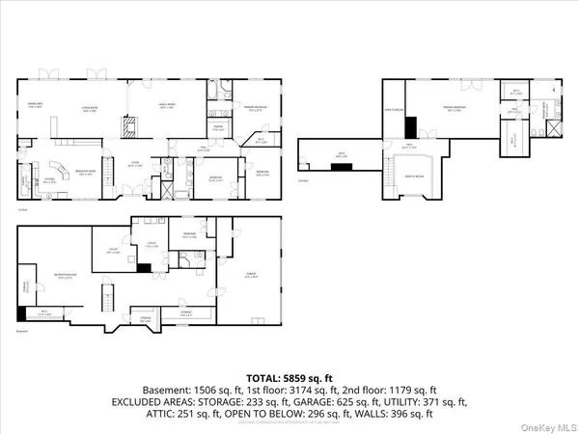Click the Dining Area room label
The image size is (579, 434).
(36, 107)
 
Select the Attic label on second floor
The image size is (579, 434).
(339, 153)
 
